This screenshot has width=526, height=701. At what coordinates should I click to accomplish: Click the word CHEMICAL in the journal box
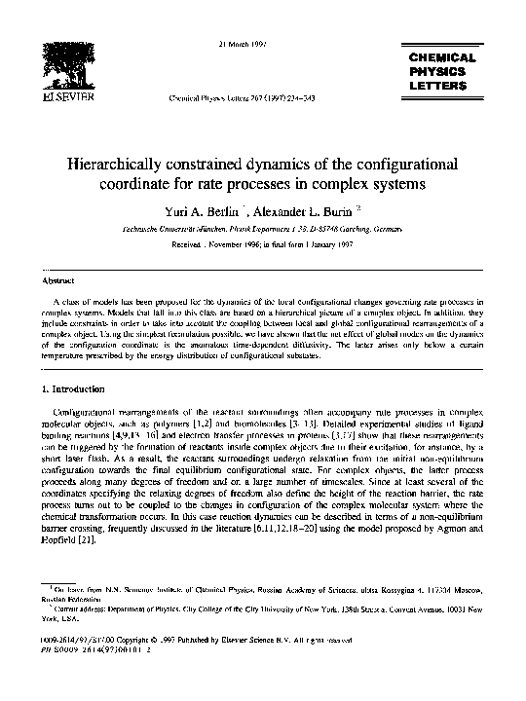point(442,58)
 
